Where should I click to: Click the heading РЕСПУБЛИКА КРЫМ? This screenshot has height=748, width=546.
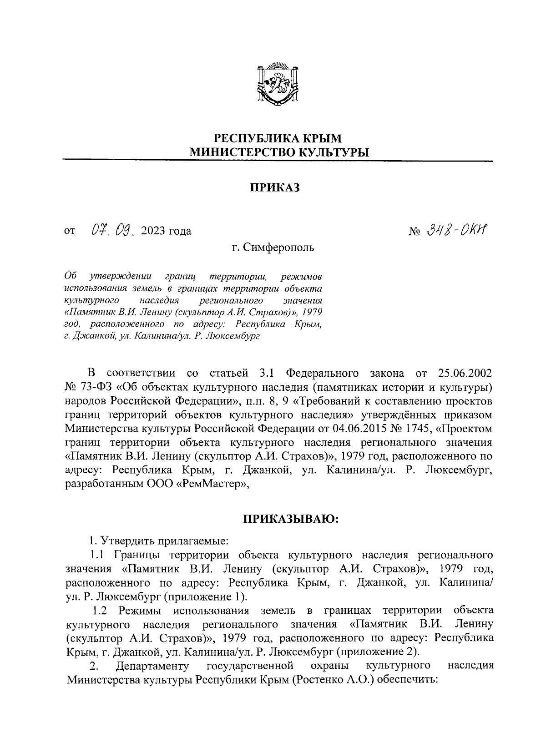(278, 137)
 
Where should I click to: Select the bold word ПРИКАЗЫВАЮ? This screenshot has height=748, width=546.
(290, 520)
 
